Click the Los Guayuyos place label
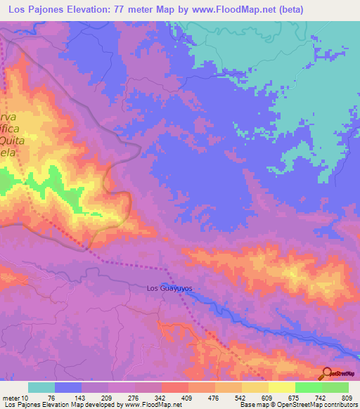(169, 288)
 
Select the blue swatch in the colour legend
(68, 387)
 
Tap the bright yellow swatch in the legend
(281, 387)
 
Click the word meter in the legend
(13, 398)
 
